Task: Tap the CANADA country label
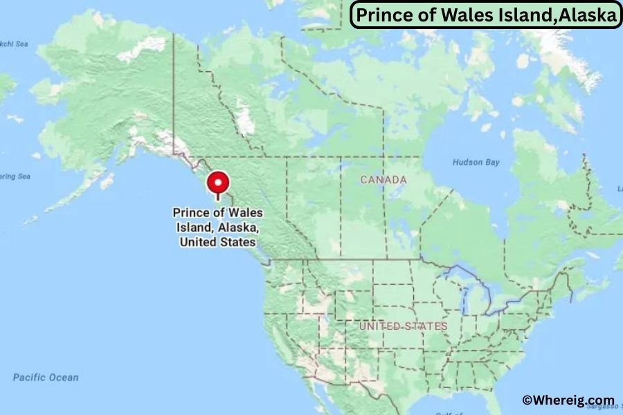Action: click(383, 180)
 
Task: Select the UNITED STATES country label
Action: click(403, 326)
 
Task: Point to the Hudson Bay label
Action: click(476, 162)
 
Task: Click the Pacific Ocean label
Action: click(46, 378)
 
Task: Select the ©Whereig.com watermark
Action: click(568, 400)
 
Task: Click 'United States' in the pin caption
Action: click(217, 242)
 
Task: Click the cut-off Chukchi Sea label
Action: click(14, 44)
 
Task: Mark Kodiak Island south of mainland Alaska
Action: click(107, 182)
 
